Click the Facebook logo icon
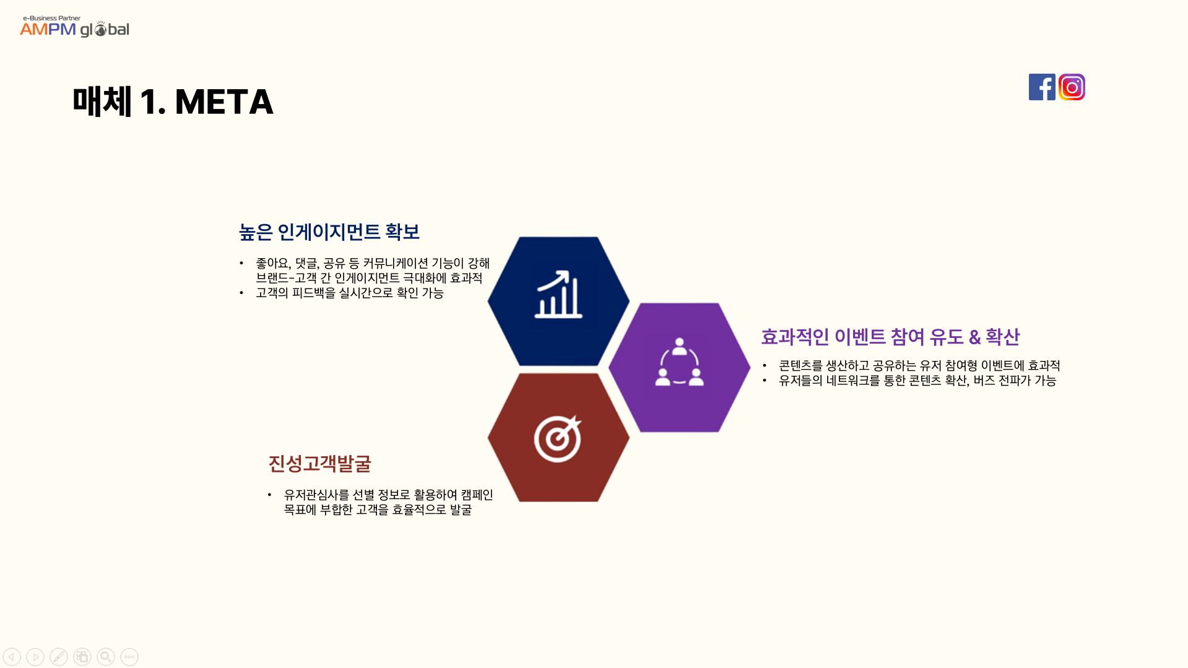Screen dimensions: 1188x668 [x=1042, y=87]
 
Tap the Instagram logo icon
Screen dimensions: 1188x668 [x=1072, y=87]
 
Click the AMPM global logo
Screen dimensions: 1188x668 [x=74, y=27]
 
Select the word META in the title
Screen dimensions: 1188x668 [x=224, y=102]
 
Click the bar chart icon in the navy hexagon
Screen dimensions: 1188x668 [x=558, y=294]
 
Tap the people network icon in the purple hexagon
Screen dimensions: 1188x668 [x=679, y=362]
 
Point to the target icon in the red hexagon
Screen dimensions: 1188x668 [x=558, y=438]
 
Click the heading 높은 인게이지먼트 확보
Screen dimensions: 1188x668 [x=329, y=232]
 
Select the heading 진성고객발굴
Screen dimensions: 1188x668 [x=319, y=464]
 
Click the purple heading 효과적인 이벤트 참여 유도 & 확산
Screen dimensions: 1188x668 [x=890, y=337]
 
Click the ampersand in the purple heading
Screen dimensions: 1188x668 [x=974, y=337]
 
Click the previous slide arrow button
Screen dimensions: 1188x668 [x=12, y=657]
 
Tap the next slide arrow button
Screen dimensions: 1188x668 [x=35, y=657]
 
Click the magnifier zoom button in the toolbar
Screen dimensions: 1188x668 [x=106, y=657]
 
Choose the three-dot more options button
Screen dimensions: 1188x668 [x=129, y=657]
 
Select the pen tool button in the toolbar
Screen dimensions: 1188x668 [x=59, y=657]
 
